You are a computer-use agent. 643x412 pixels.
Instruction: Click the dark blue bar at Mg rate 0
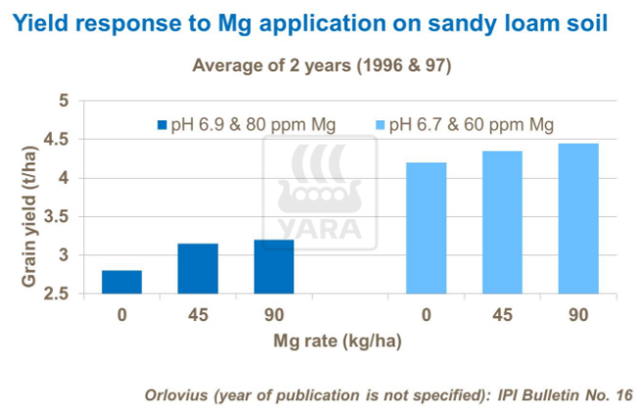click(x=121, y=282)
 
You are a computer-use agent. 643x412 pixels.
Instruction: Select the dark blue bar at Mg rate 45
click(x=198, y=268)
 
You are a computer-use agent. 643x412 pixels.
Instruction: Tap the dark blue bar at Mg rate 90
click(x=274, y=266)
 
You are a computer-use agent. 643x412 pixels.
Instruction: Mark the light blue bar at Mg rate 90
click(x=578, y=218)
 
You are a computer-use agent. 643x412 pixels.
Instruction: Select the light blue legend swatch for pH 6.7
click(x=380, y=125)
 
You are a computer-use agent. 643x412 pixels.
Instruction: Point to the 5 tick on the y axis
click(x=64, y=101)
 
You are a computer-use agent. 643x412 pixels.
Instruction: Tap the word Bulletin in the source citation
click(x=561, y=395)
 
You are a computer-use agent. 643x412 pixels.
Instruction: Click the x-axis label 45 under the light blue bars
click(x=502, y=315)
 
